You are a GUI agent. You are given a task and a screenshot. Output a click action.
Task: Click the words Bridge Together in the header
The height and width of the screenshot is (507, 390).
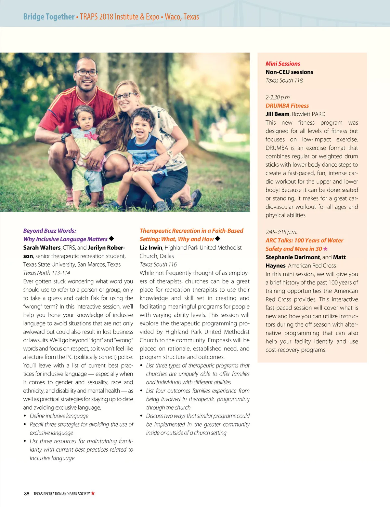(x=49, y=17)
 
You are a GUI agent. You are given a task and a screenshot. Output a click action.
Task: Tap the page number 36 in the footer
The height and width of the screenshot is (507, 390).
(x=27, y=494)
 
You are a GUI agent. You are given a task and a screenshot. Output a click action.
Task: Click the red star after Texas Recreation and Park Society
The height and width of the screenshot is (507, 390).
(x=93, y=493)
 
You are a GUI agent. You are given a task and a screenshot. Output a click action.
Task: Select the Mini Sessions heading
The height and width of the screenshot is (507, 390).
(x=283, y=64)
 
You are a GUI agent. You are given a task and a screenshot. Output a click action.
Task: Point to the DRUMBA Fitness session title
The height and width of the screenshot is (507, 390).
(x=287, y=106)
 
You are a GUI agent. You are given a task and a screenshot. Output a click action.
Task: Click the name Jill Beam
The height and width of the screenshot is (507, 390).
(x=277, y=114)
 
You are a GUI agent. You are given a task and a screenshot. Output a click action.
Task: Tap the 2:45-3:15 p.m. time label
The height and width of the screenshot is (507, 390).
(x=281, y=232)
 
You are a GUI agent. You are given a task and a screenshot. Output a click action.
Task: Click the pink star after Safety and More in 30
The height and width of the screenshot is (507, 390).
(x=325, y=249)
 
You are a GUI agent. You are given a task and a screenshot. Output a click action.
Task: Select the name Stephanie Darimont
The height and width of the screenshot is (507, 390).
(x=292, y=257)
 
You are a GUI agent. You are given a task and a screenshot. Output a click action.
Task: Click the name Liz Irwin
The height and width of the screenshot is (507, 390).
(x=151, y=248)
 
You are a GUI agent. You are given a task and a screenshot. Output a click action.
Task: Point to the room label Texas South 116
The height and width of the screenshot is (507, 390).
(x=158, y=265)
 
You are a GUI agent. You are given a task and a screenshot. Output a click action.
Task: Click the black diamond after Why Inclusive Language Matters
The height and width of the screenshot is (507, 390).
(x=111, y=239)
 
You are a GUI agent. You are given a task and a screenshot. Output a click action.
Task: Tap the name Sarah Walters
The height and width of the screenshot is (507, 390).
(x=42, y=248)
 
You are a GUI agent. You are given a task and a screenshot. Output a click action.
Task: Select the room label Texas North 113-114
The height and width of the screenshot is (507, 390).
(x=46, y=273)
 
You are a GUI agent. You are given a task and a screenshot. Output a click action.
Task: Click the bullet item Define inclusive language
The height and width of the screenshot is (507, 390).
(x=59, y=416)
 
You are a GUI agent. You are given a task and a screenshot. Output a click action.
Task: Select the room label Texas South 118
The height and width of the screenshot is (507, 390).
(x=284, y=81)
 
